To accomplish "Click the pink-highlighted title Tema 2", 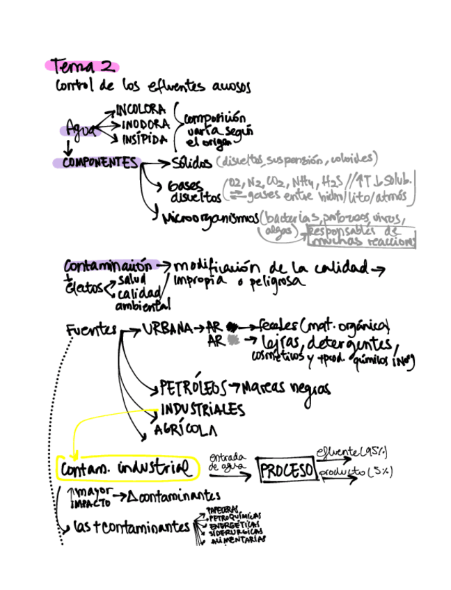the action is [81, 67].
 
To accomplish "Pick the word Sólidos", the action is [191, 164].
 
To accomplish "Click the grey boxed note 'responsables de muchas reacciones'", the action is [362, 237].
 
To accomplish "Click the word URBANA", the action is [167, 328].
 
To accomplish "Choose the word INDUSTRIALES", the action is [203, 408].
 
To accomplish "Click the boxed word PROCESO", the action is [286, 471].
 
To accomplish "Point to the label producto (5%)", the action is [356, 472].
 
